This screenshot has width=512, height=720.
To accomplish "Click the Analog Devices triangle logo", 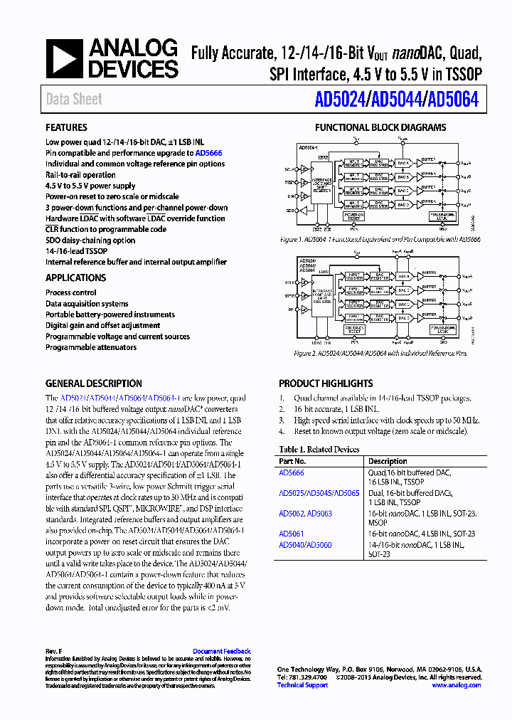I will pos(65,58).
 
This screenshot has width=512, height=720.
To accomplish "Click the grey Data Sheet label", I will pos(74,100).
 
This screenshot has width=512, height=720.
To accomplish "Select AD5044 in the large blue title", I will pos(395,100).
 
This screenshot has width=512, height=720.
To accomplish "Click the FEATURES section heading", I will pos(67,128).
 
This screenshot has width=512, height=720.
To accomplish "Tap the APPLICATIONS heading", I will pos(76,278).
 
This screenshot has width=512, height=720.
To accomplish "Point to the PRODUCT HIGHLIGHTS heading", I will pos(326,383).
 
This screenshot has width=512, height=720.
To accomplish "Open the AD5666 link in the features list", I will pos(208,153).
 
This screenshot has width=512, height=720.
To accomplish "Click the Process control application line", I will pos(71,292).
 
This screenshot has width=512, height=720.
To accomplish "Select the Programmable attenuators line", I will pos(91,347).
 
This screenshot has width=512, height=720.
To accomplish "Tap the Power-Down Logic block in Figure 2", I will pos(446,330).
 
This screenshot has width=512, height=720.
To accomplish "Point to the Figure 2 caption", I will pos(380,353).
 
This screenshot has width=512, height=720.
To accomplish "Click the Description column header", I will pos(388,461).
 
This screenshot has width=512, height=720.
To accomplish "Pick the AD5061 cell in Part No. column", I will pos(292,534).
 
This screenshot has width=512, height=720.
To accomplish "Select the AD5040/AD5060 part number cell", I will pos(305,545).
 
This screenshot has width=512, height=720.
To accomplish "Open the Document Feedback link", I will pos(222,651).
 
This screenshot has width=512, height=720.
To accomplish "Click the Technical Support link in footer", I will pos(302,685).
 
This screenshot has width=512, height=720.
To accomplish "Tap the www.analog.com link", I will pos(457,685).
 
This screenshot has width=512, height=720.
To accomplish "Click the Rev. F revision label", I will pos(54,651).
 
